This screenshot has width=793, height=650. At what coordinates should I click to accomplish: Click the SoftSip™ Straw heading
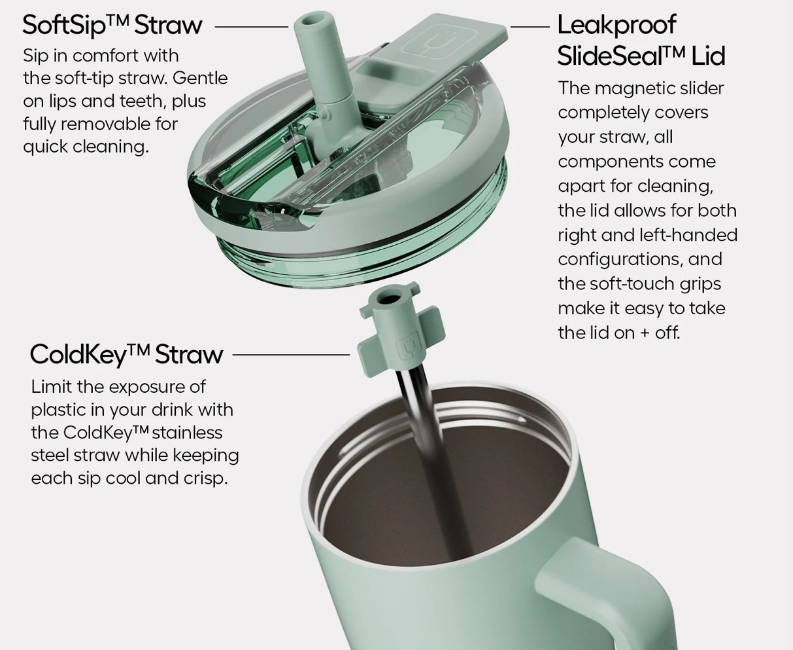[x=112, y=26]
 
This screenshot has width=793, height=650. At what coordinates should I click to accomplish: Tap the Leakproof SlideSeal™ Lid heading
[x=641, y=40]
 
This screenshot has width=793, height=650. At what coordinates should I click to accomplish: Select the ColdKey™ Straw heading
[x=127, y=354]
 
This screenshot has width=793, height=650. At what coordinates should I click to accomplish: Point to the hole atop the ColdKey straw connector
[x=389, y=299]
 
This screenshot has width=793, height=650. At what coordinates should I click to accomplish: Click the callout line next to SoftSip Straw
[x=251, y=27]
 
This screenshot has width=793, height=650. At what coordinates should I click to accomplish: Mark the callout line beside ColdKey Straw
[x=291, y=354]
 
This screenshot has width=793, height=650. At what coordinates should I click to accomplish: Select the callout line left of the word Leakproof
[x=530, y=27]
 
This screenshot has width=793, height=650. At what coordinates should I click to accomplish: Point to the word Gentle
[x=200, y=79]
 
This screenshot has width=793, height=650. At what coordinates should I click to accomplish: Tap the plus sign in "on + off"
[x=645, y=334]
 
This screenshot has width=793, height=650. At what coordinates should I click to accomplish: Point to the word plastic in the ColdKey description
[x=58, y=410]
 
